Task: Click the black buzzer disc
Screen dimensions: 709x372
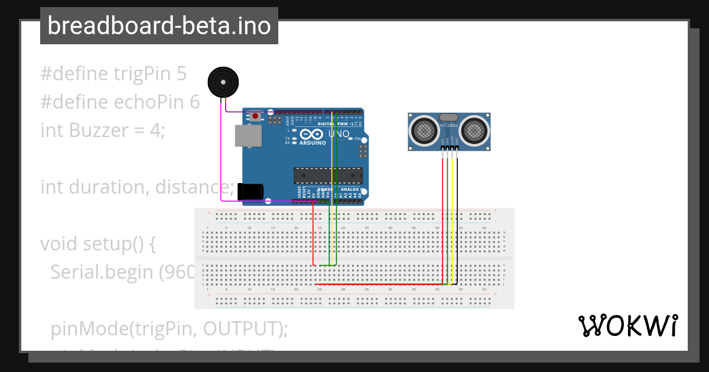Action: (224, 82)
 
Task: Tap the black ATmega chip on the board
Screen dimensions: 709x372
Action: (328, 175)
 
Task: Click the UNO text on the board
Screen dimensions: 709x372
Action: (339, 134)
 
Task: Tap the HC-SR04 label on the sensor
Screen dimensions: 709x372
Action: (449, 126)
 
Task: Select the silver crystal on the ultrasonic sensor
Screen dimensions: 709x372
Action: (449, 118)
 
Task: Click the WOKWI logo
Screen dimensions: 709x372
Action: (628, 326)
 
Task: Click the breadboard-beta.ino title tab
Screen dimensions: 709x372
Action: (159, 26)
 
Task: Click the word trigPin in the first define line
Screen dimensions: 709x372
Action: (142, 74)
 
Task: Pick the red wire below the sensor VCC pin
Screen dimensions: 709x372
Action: (442, 213)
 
